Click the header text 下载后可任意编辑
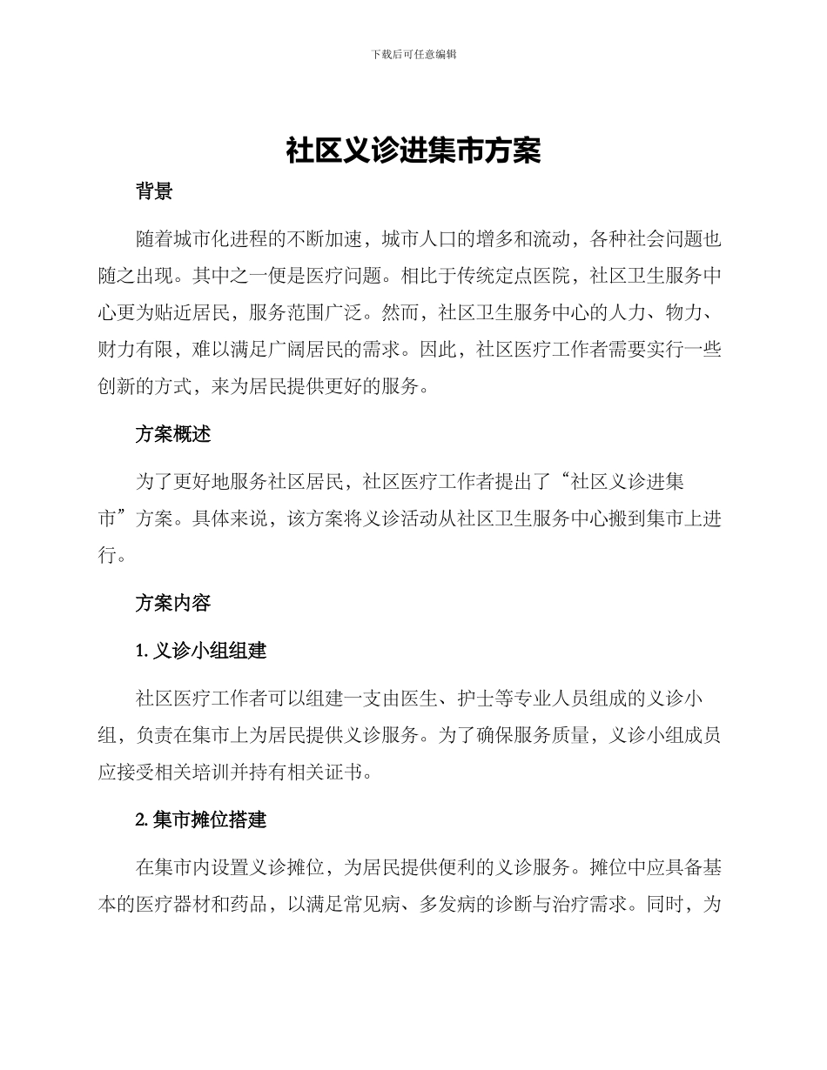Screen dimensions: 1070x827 (413, 54)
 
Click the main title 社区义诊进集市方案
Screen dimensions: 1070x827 (413, 150)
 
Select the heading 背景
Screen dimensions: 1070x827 (154, 192)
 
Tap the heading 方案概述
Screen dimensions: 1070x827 (173, 434)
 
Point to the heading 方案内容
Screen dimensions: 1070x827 (173, 603)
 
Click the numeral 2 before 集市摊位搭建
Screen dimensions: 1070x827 (139, 819)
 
